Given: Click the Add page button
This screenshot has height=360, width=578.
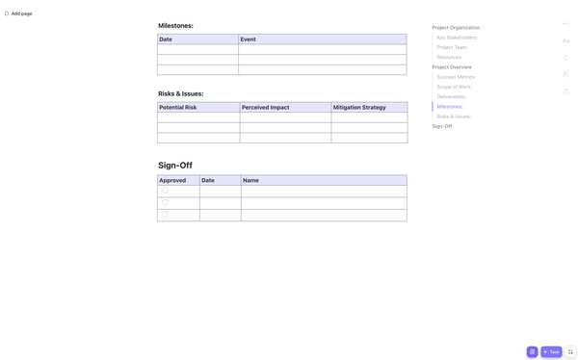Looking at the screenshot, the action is coord(18,13).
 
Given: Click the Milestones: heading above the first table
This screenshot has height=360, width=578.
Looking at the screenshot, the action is coord(175,26).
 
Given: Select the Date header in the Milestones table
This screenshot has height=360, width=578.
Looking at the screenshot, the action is coord(166,39).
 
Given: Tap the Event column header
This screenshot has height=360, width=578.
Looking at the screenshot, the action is coord(248,39).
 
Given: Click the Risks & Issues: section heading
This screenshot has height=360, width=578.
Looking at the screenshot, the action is coord(180,93).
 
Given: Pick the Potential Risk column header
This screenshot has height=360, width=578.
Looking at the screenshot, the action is coord(178,107).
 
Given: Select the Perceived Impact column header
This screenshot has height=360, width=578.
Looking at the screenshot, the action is coord(265,107).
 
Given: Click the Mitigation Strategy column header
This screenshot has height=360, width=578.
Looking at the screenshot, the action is coord(359,107).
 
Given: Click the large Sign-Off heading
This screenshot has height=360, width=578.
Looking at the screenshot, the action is coord(175,165).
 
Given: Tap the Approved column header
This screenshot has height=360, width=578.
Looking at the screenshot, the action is coord(172,180).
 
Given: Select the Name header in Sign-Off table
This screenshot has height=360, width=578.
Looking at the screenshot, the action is coord(250,180).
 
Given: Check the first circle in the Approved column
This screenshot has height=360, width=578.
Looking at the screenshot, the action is coord(165,191).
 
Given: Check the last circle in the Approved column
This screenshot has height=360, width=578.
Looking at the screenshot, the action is coord(165,214).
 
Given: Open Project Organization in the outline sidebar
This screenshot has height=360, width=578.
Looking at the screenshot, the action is coord(456,28).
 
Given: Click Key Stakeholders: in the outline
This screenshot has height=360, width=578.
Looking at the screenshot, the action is coord(457,38).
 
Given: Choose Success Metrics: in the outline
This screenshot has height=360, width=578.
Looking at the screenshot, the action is coord(456,77).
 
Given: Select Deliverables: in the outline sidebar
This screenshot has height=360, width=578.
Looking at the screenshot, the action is coord(451,96).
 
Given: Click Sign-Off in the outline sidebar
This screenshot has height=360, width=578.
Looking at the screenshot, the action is coord(442,126).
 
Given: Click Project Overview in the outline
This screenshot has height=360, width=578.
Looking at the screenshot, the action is coord(452,67).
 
